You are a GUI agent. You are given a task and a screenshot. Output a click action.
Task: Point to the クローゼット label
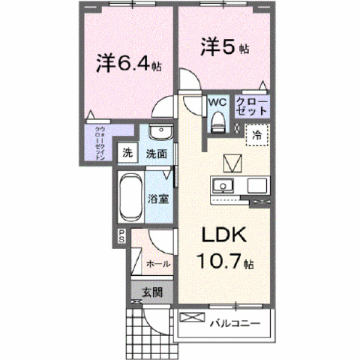pos(252,106)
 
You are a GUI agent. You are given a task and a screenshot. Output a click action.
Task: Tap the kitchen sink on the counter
pos(223,185)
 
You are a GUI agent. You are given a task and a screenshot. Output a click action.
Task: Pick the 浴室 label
pos(157,200)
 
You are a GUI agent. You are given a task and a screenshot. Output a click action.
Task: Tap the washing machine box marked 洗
pos(129,154)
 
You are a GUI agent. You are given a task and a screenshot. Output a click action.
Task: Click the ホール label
pos(157,264)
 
